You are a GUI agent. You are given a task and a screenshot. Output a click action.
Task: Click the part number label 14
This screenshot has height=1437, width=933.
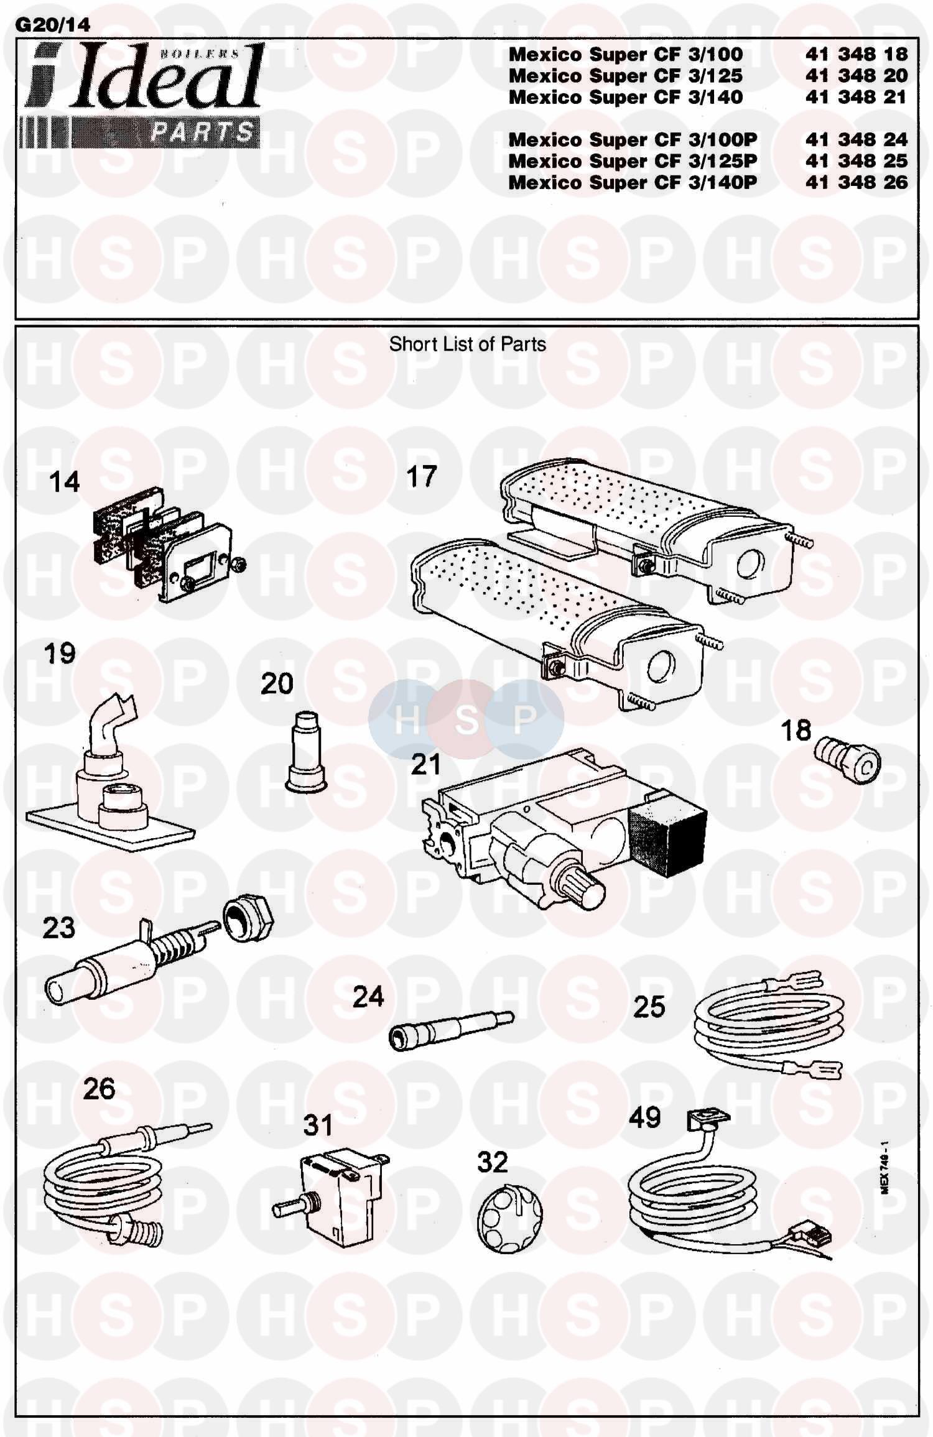coord(65,482)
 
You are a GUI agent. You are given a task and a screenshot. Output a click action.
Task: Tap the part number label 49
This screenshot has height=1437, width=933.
coord(644,1117)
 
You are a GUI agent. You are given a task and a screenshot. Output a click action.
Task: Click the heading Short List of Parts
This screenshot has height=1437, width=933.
coord(468,344)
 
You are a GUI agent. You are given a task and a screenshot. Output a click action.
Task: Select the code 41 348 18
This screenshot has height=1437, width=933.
coord(856,55)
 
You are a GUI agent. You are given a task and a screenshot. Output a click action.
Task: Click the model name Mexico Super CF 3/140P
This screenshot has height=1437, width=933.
coord(633,183)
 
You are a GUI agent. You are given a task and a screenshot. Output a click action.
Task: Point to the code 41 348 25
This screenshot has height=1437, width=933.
coord(856,161)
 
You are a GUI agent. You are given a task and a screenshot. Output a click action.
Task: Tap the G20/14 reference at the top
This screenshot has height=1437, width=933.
coord(52,24)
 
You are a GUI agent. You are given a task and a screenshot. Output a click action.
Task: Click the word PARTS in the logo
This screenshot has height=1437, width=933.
coord(203,132)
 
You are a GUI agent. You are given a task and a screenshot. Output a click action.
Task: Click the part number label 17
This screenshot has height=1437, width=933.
coord(421,477)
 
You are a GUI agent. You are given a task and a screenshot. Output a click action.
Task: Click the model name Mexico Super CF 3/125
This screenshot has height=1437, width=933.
coord(626,76)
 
